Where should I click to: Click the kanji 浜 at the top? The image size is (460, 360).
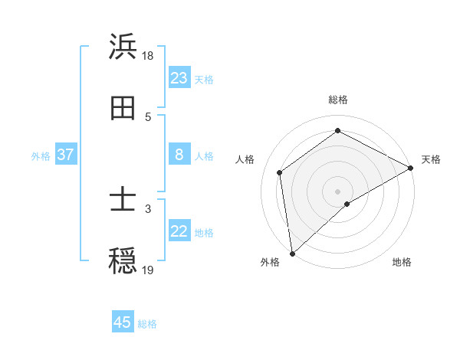[123, 47]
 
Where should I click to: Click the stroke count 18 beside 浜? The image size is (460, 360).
[148, 57]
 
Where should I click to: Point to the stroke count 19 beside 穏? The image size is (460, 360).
[148, 270]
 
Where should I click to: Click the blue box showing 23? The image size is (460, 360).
[179, 78]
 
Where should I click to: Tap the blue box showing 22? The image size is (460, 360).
[179, 232]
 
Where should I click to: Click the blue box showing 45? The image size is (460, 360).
[123, 322]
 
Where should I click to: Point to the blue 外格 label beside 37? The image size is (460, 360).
[41, 156]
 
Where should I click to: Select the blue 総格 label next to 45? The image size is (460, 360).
[147, 324]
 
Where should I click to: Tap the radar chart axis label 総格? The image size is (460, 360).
[338, 100]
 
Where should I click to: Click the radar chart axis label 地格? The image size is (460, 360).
[402, 263]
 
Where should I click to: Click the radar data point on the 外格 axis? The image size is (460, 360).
[292, 253]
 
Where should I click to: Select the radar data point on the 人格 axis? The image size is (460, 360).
[280, 172]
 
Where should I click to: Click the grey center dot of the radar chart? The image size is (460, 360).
[338, 191]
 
